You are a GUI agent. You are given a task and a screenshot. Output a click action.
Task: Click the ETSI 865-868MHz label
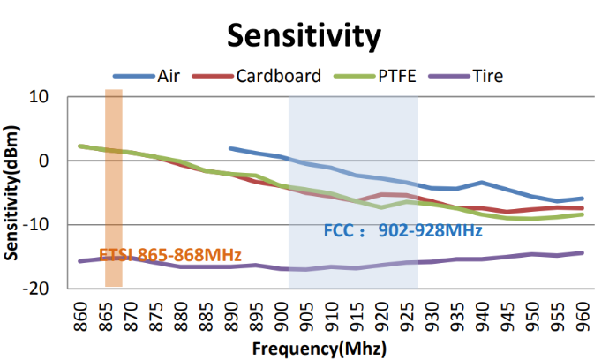[x=170, y=255]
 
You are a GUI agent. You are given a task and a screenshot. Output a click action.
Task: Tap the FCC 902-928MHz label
[x=402, y=231]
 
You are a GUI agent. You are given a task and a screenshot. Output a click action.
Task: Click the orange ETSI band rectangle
[x=113, y=188]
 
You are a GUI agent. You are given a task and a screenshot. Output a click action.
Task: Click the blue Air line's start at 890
[x=230, y=148]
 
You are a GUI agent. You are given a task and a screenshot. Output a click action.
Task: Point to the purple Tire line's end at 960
[x=582, y=252]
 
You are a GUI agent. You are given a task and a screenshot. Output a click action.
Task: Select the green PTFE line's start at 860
[x=80, y=146]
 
